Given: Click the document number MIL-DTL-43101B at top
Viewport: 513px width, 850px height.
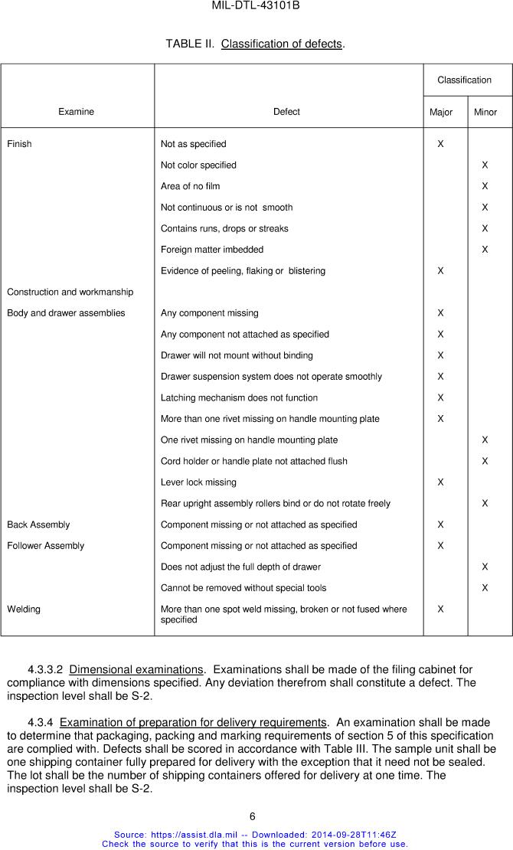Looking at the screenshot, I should click(x=256, y=6).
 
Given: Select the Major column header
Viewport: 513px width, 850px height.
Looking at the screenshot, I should click(x=441, y=112).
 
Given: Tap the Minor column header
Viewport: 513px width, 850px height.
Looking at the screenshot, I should click(x=485, y=112).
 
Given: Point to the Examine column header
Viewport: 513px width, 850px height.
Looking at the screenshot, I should click(x=77, y=112).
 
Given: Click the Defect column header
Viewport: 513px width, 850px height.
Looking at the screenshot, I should click(x=286, y=112).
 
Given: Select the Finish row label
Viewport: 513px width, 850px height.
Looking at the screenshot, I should click(x=19, y=144).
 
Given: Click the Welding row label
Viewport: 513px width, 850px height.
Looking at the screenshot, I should click(x=24, y=610).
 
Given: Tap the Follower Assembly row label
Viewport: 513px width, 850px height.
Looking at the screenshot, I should click(x=46, y=546).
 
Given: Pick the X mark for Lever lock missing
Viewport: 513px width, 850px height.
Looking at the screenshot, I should click(x=440, y=482).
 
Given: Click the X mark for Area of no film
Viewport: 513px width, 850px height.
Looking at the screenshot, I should click(x=485, y=186).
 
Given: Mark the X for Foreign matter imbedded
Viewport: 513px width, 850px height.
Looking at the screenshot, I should click(x=485, y=250).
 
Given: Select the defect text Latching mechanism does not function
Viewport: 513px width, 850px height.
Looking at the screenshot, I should click(x=239, y=398).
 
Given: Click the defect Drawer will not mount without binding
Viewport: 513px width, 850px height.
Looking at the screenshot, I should click(x=237, y=355).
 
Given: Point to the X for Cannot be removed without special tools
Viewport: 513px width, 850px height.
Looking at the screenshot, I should click(x=485, y=588).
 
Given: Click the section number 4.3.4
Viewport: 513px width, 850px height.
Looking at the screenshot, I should click(x=41, y=723).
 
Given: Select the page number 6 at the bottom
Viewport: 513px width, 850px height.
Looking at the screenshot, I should click(x=253, y=816).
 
